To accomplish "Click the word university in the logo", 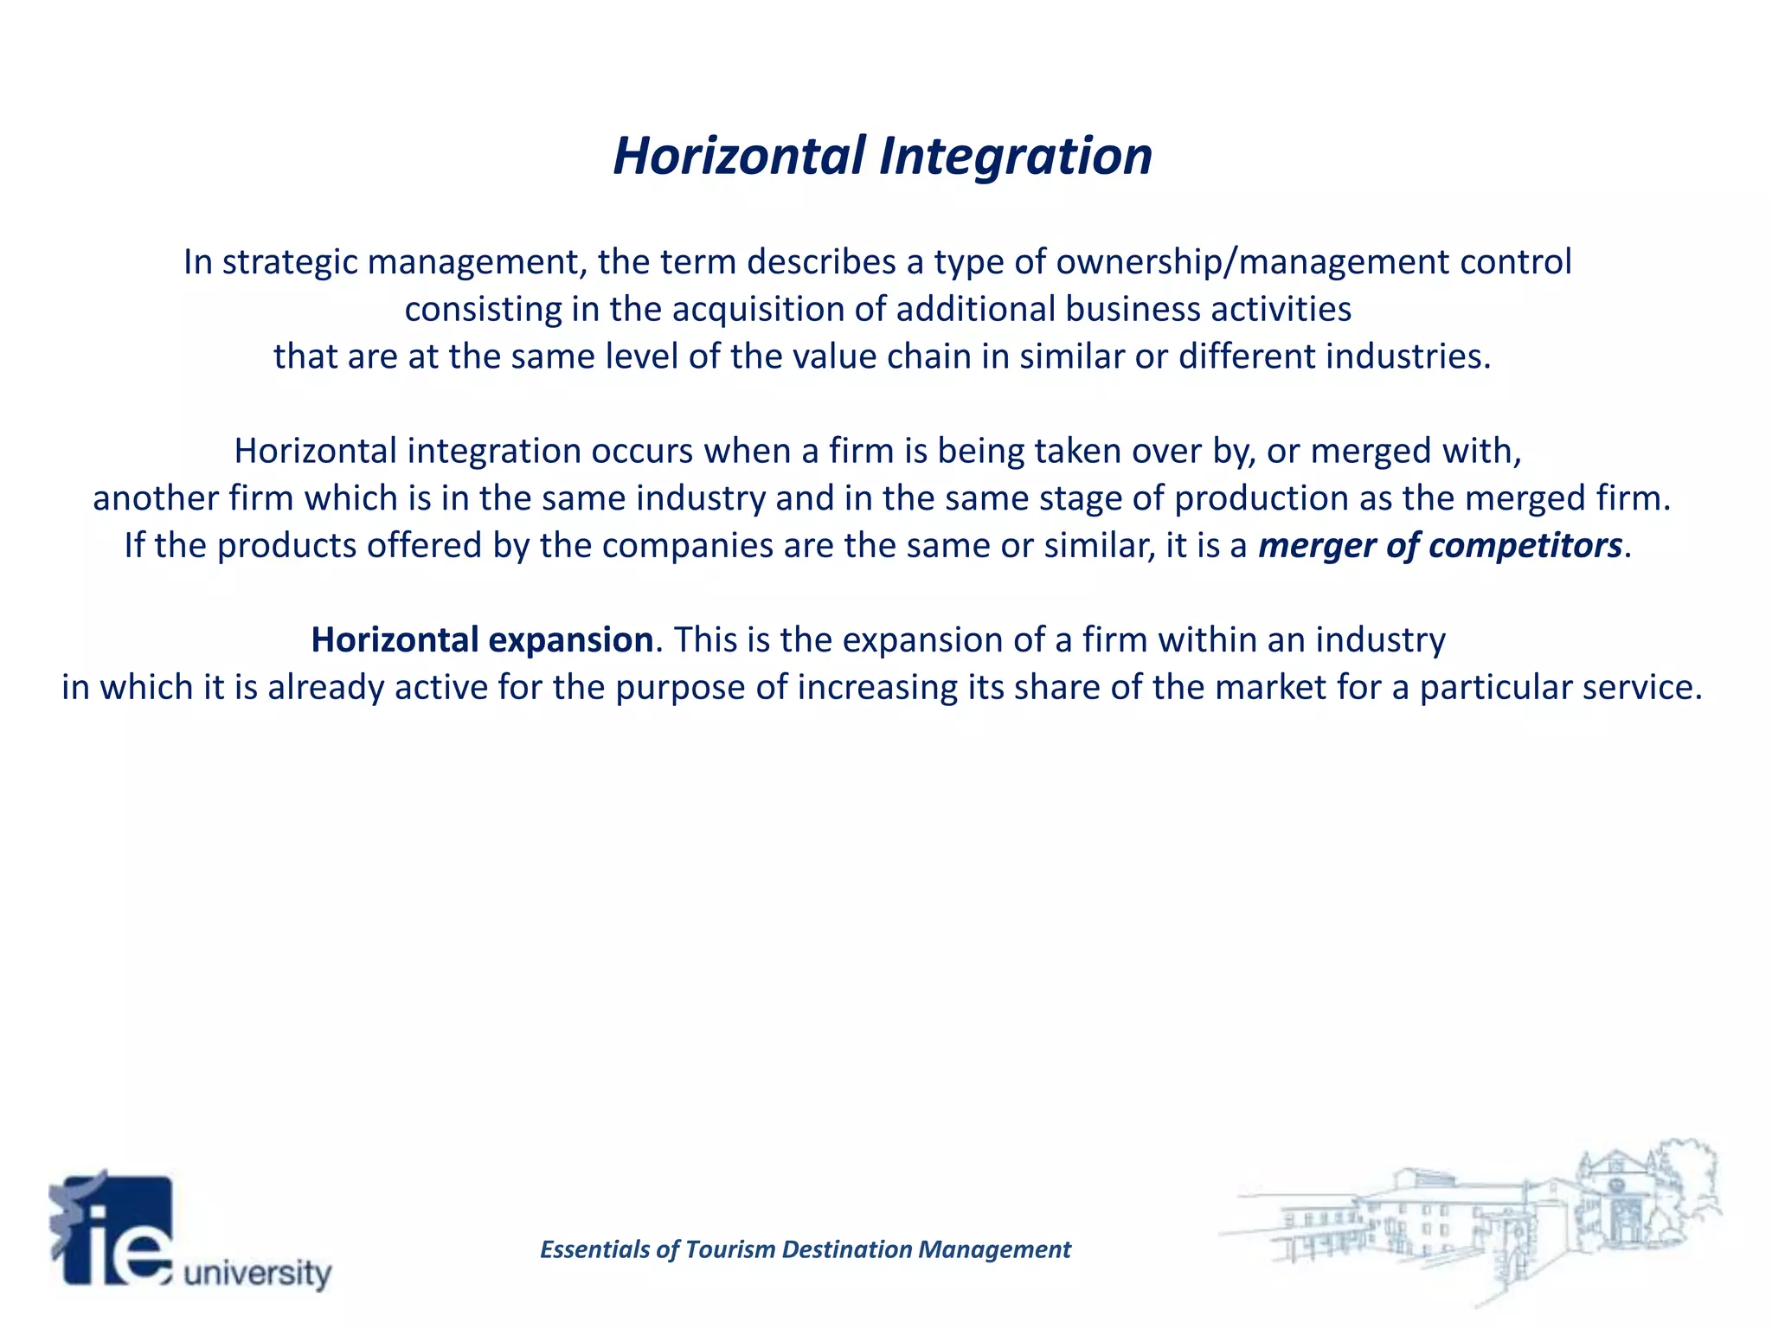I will click(x=258, y=1273).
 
